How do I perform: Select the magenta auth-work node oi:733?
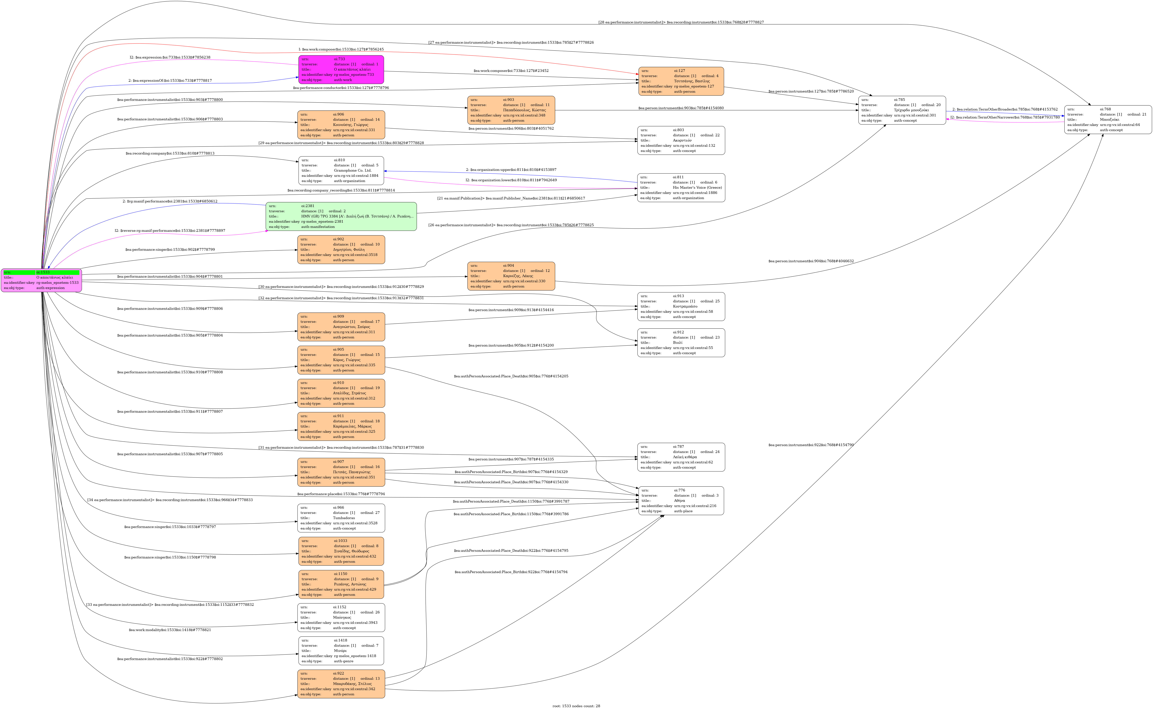click(341, 69)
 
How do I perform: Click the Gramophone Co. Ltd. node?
click(341, 170)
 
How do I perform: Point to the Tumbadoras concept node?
click(341, 518)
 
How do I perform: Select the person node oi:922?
click(341, 684)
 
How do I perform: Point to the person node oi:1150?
click(341, 584)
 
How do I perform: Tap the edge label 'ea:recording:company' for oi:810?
click(170, 154)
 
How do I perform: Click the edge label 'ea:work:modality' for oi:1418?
click(170, 630)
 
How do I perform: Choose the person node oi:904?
click(511, 276)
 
